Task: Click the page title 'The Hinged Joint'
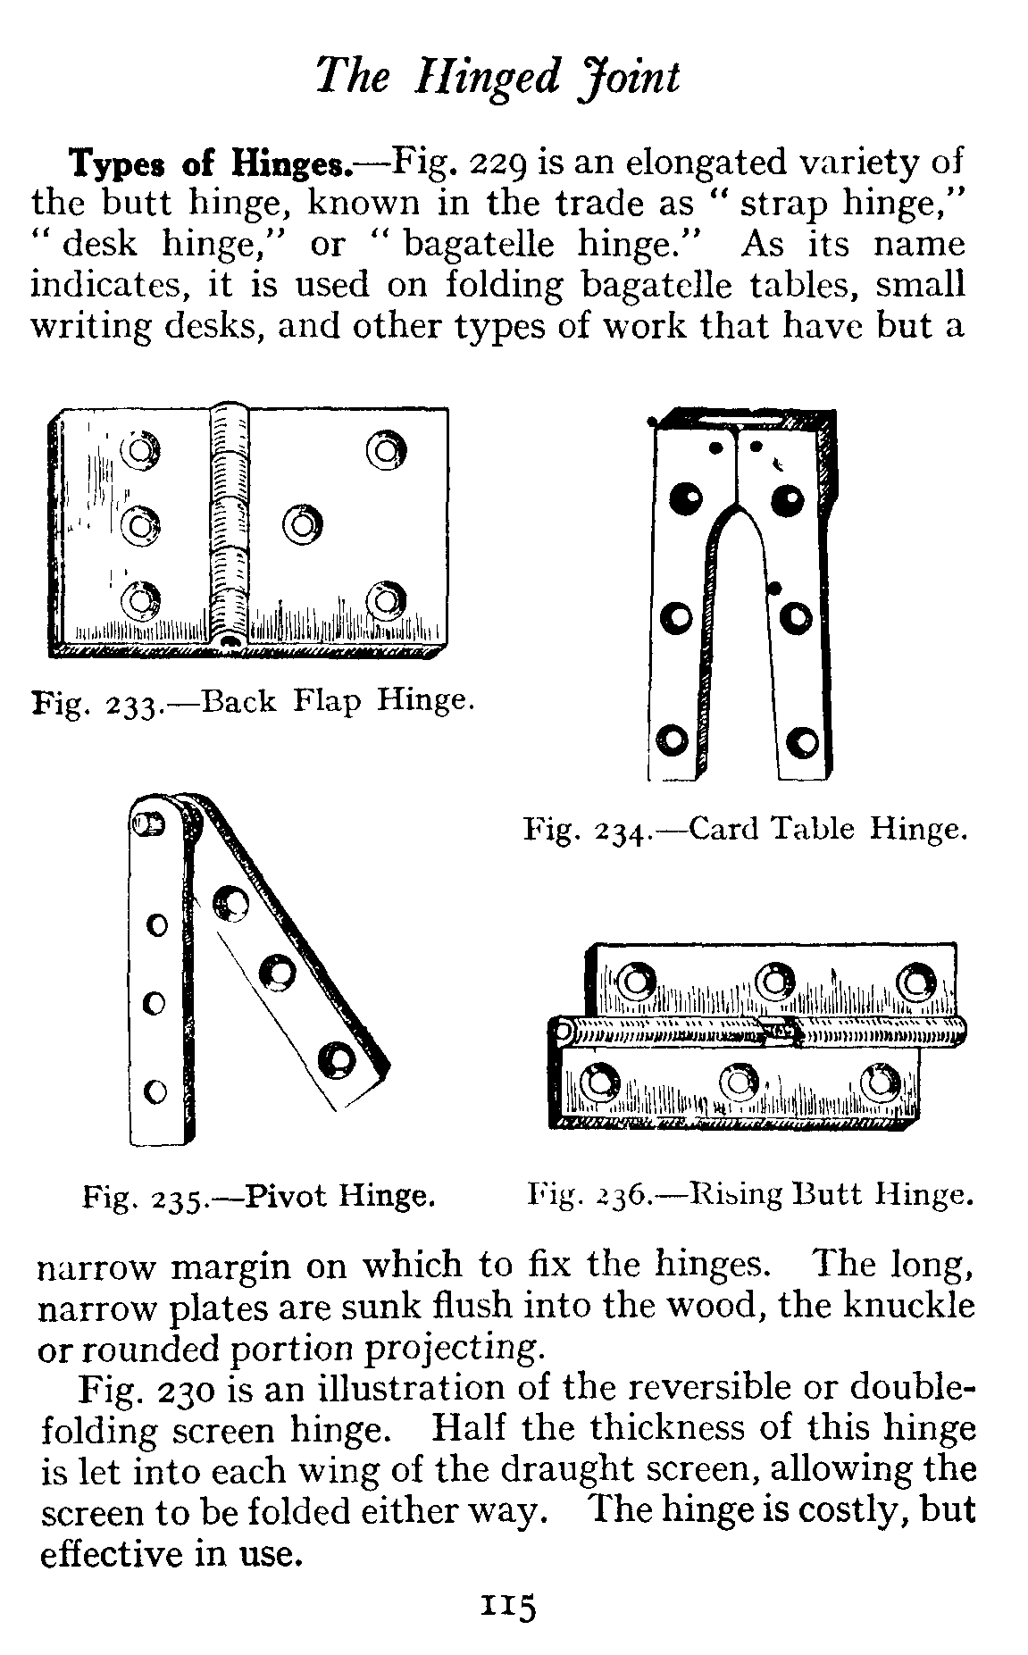tap(497, 77)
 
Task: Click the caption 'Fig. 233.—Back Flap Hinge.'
tap(251, 701)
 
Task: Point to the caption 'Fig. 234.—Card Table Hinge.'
tap(744, 830)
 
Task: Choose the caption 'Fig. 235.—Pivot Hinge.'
tap(257, 1195)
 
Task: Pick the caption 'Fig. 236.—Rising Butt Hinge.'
tap(748, 1193)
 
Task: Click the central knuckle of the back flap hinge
tap(227, 527)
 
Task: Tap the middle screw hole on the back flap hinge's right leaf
tap(302, 523)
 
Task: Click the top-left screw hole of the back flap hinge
tap(141, 451)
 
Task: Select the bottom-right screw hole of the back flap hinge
tap(384, 600)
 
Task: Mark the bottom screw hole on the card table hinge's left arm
tap(673, 740)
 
